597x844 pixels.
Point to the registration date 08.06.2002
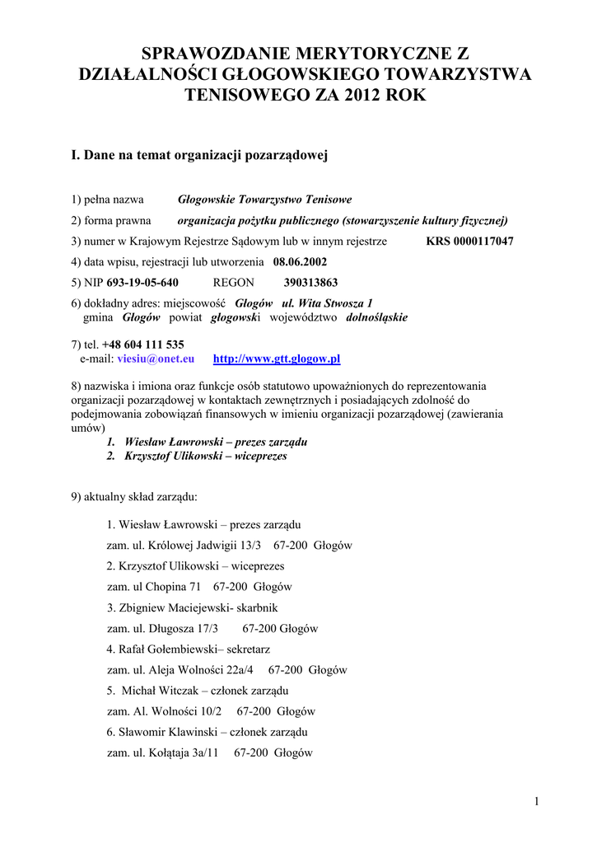point(300,262)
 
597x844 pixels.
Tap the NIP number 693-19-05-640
point(142,283)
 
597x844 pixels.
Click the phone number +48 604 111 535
point(142,345)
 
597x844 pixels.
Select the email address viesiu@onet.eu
point(156,359)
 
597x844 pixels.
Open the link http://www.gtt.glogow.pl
point(277,359)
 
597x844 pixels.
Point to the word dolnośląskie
point(376,317)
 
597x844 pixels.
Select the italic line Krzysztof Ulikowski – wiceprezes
point(206,456)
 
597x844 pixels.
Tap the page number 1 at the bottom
point(536,802)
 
